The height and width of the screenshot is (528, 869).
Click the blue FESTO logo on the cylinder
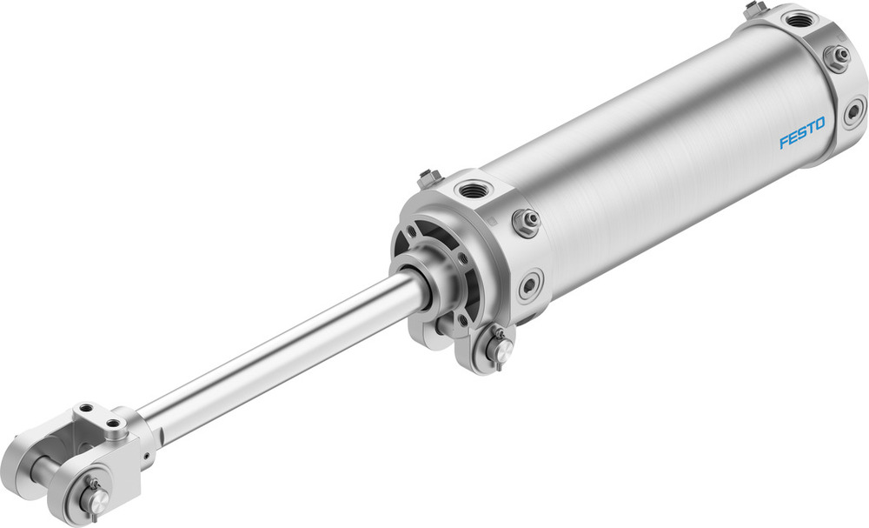tap(801, 136)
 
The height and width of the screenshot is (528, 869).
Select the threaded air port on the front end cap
tap(473, 189)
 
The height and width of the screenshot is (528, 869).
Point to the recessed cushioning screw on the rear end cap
tap(854, 111)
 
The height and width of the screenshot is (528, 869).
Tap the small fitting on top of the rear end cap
tap(754, 10)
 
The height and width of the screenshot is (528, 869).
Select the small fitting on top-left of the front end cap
tap(427, 179)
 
